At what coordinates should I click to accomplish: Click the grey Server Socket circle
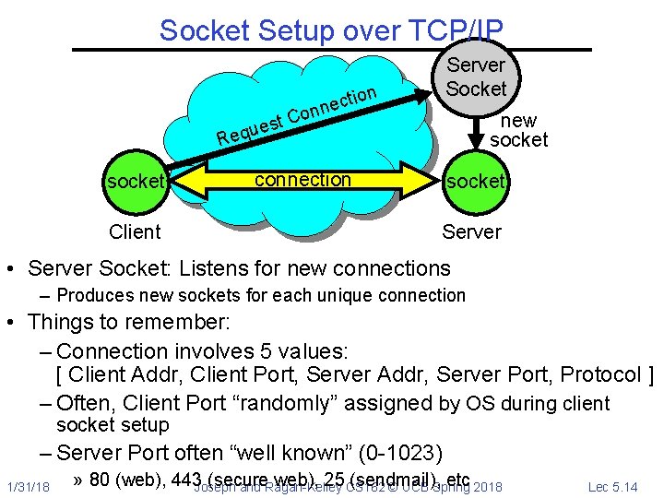click(476, 77)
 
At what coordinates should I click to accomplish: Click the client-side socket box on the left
click(135, 182)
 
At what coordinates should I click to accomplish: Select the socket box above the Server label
click(475, 182)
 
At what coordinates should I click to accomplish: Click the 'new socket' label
click(518, 130)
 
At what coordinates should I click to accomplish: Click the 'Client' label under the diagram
click(135, 231)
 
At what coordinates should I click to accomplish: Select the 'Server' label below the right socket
click(471, 231)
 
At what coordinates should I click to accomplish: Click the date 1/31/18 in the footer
click(27, 486)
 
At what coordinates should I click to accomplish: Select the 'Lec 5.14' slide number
click(612, 486)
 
